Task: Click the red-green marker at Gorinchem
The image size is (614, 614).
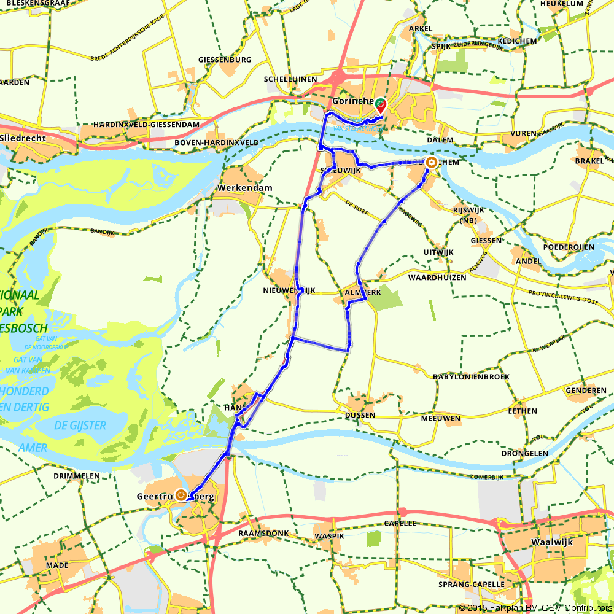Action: pos(381,104)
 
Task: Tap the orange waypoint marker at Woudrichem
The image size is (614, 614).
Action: pos(431,163)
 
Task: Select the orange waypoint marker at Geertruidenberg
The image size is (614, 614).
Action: pos(181,495)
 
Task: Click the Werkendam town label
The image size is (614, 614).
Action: pos(244,188)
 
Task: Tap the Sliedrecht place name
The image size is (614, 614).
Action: pos(23,139)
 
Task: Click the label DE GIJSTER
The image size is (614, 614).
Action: pos(79,426)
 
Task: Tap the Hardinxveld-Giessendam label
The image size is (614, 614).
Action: pos(147,125)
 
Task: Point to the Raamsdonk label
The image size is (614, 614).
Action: pos(264,534)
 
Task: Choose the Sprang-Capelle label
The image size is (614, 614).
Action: pos(472,584)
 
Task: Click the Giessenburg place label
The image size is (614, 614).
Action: pos(225,60)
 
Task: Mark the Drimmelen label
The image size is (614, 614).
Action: pos(77,476)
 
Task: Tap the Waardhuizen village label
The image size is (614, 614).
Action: pos(437,278)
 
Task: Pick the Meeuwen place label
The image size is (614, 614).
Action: pos(440,419)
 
